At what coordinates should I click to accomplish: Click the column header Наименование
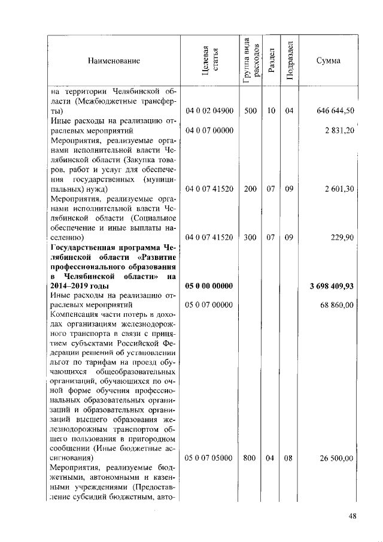114,61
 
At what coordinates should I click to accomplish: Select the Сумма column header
329,61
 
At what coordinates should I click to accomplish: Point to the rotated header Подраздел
290,61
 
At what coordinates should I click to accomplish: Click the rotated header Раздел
271,61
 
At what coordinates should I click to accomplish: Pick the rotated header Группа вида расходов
252,61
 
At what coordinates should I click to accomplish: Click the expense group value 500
250,111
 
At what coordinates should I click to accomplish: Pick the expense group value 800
250,459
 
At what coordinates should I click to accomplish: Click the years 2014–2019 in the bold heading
75,286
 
